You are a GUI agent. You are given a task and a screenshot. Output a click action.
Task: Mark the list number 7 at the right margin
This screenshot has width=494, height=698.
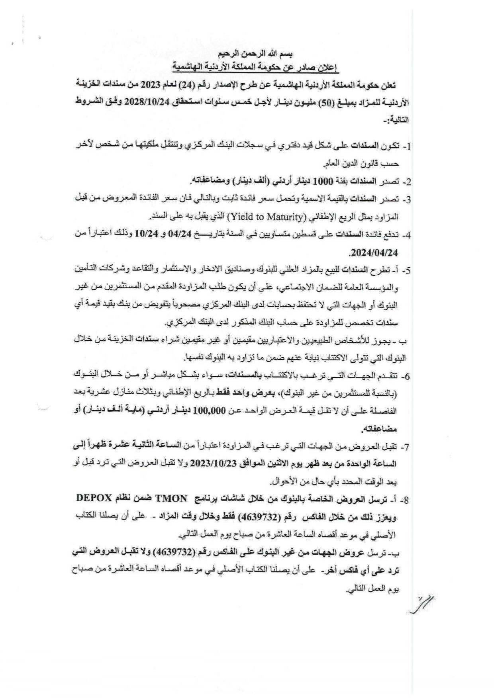click(x=406, y=447)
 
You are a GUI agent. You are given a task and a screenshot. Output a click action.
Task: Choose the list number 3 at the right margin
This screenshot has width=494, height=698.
click(x=406, y=199)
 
